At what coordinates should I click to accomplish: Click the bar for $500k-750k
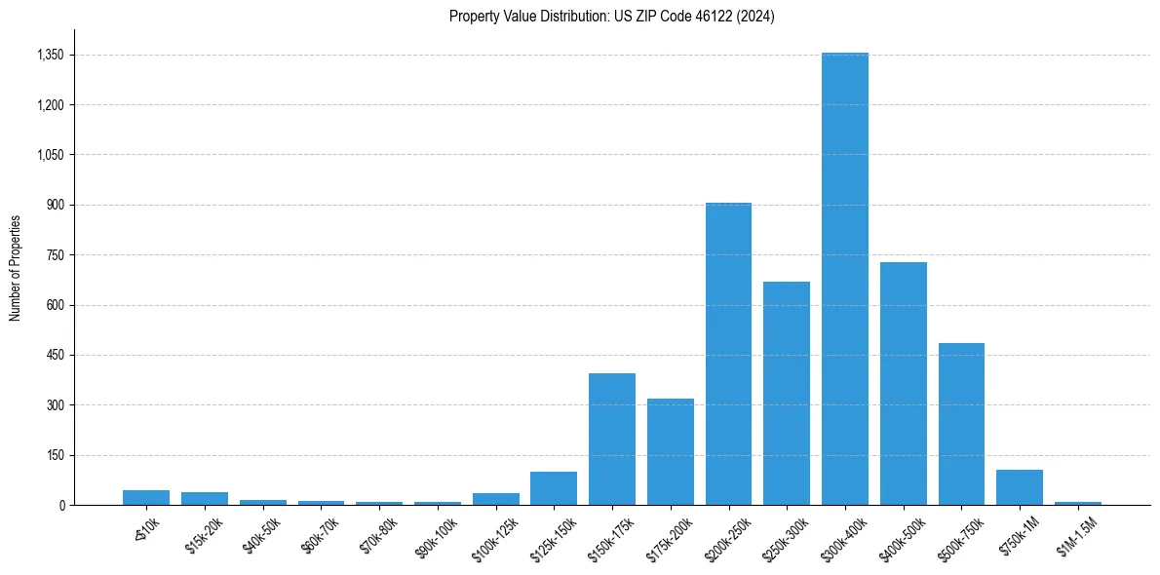(961, 424)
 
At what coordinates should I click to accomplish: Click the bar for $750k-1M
(1020, 487)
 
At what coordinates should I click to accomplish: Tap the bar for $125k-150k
(554, 488)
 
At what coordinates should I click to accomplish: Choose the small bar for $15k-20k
(205, 498)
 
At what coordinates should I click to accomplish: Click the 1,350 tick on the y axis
(50, 55)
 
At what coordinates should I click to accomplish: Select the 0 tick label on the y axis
(61, 505)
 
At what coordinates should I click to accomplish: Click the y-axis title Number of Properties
(15, 267)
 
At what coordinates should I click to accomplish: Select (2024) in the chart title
(756, 17)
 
